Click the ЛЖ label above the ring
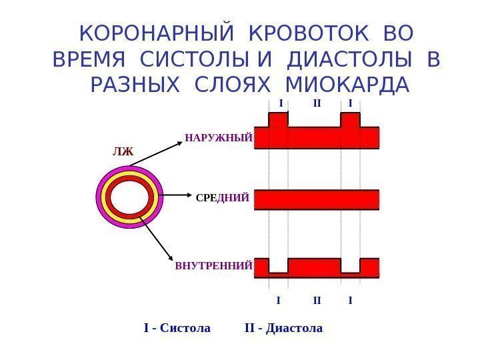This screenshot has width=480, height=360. [123, 152]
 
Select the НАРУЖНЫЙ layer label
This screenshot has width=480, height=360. [219, 139]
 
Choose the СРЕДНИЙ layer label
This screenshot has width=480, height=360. [223, 198]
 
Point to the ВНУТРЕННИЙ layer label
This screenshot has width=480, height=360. [213, 266]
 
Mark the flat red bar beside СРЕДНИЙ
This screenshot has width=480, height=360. [317, 199]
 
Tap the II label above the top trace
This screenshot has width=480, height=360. [317, 103]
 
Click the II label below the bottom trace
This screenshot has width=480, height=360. [317, 300]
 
